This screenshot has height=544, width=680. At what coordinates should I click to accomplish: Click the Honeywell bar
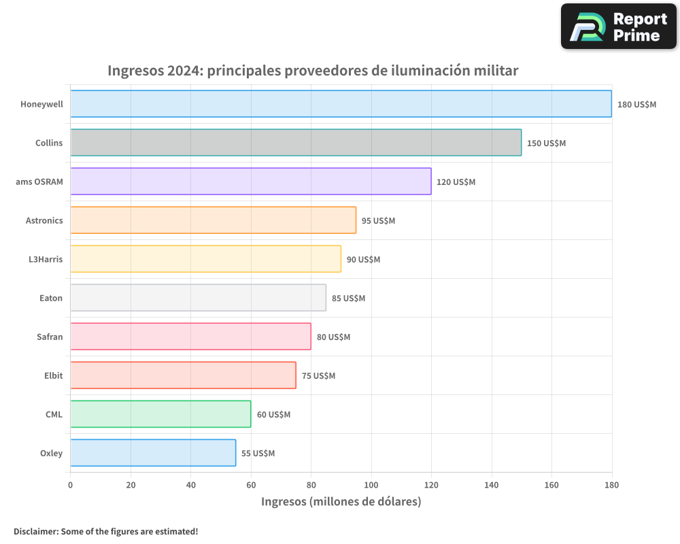[341, 104]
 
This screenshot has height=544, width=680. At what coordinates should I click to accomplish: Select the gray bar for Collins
[296, 143]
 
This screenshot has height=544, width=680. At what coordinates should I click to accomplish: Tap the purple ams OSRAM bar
[251, 182]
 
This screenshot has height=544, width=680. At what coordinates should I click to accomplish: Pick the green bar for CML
[160, 414]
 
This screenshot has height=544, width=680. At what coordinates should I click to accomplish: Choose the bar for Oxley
[153, 453]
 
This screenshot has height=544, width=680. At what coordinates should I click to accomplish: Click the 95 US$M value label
[378, 221]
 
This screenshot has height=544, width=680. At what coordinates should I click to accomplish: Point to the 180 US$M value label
[636, 105]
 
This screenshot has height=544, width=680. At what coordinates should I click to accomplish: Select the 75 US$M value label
[318, 376]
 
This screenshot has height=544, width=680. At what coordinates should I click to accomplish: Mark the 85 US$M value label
[348, 299]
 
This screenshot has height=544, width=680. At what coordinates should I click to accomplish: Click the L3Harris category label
[46, 259]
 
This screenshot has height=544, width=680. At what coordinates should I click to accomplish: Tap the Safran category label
[50, 337]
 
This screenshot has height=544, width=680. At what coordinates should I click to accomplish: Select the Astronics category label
[44, 220]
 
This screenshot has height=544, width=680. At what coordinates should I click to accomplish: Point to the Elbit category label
[53, 375]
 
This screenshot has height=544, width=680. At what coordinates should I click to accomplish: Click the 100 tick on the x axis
[371, 485]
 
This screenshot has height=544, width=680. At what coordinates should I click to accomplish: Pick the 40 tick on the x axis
[190, 485]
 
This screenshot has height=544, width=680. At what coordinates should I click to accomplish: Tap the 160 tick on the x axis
[551, 485]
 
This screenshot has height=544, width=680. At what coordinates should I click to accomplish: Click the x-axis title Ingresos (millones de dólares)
[341, 502]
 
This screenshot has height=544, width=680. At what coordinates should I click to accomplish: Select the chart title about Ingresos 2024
[313, 71]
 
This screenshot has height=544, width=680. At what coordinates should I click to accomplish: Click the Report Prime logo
[618, 27]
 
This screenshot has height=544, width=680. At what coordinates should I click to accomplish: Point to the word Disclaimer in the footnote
[35, 531]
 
